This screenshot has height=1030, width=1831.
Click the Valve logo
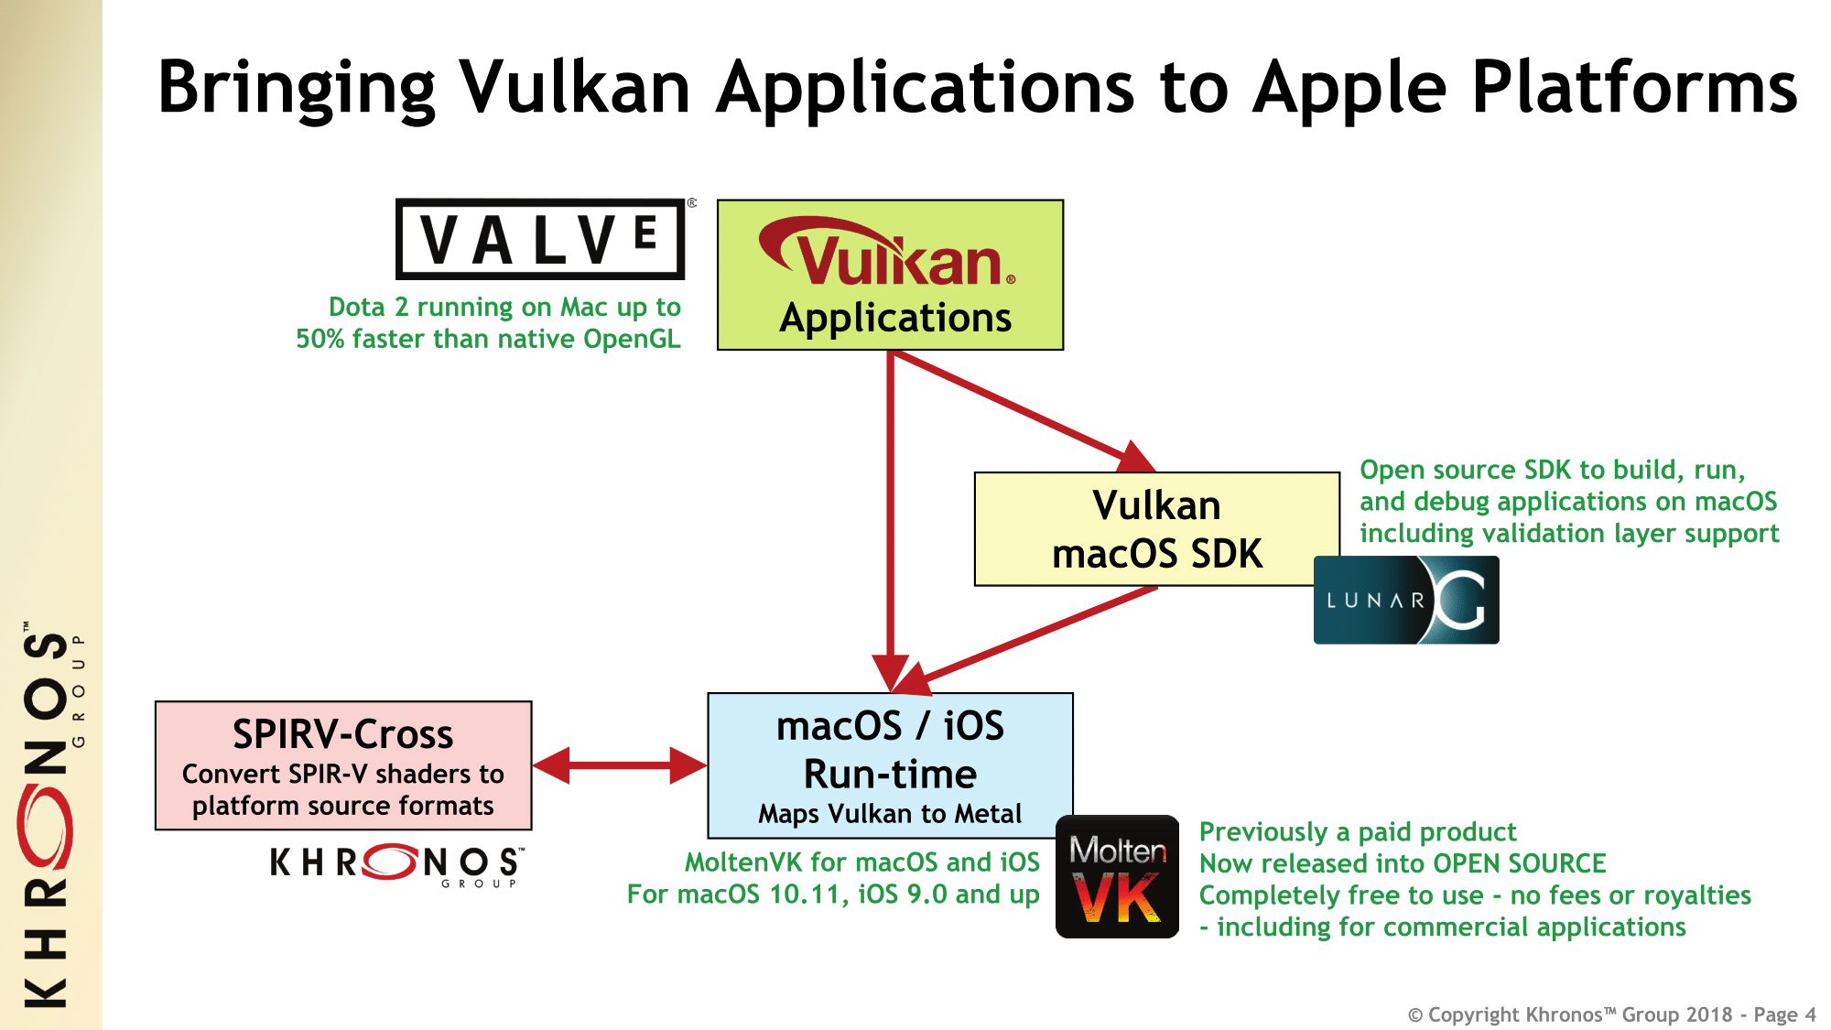pyautogui.click(x=540, y=239)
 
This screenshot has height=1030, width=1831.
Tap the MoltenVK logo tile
pyautogui.click(x=1117, y=876)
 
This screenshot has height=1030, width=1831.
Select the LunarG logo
pyautogui.click(x=1406, y=601)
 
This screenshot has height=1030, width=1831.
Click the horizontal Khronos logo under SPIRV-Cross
pyautogui.click(x=396, y=863)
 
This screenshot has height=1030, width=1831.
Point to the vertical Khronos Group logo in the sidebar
pyautogui.click(x=50, y=815)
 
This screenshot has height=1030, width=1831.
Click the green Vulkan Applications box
pyautogui.click(x=890, y=275)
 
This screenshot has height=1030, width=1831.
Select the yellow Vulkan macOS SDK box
pyautogui.click(x=1156, y=529)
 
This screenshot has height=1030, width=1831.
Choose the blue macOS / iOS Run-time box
pyautogui.click(x=890, y=765)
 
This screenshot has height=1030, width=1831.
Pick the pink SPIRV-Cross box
pyautogui.click(x=343, y=765)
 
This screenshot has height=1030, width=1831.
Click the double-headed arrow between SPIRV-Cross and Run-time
pyautogui.click(x=620, y=765)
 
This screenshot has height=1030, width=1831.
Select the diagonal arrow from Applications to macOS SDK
pyautogui.click(x=1016, y=407)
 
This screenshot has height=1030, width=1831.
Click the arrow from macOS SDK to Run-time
pyautogui.click(x=1035, y=635)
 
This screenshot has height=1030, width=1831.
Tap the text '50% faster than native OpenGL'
pyautogui.click(x=488, y=339)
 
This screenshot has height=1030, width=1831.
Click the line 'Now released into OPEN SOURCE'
pyautogui.click(x=1403, y=863)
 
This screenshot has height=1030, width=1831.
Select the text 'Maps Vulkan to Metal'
pyautogui.click(x=890, y=814)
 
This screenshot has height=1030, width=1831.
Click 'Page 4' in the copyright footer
pyautogui.click(x=1784, y=1014)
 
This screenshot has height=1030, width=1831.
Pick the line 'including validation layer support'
pyautogui.click(x=1569, y=533)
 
